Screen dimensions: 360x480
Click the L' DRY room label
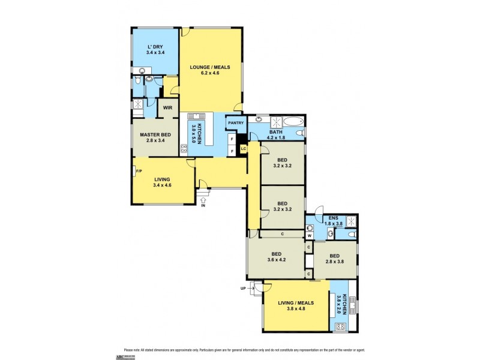pos(155,46)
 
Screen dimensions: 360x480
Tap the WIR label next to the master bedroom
pos(167,108)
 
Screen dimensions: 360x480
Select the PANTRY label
pos(235,123)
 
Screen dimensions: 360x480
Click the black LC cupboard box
pos(243,148)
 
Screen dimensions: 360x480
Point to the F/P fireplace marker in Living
pos(139,172)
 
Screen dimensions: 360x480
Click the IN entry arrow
pos(202,202)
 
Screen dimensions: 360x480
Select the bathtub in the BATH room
pos(293,122)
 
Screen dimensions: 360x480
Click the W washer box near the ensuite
pos(309,236)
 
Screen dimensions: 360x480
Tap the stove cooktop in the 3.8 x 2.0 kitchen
pos(341,326)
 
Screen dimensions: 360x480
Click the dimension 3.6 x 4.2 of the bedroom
pos(276,260)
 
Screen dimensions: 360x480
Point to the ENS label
pos(329,218)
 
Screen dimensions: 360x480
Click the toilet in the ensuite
pos(310,227)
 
